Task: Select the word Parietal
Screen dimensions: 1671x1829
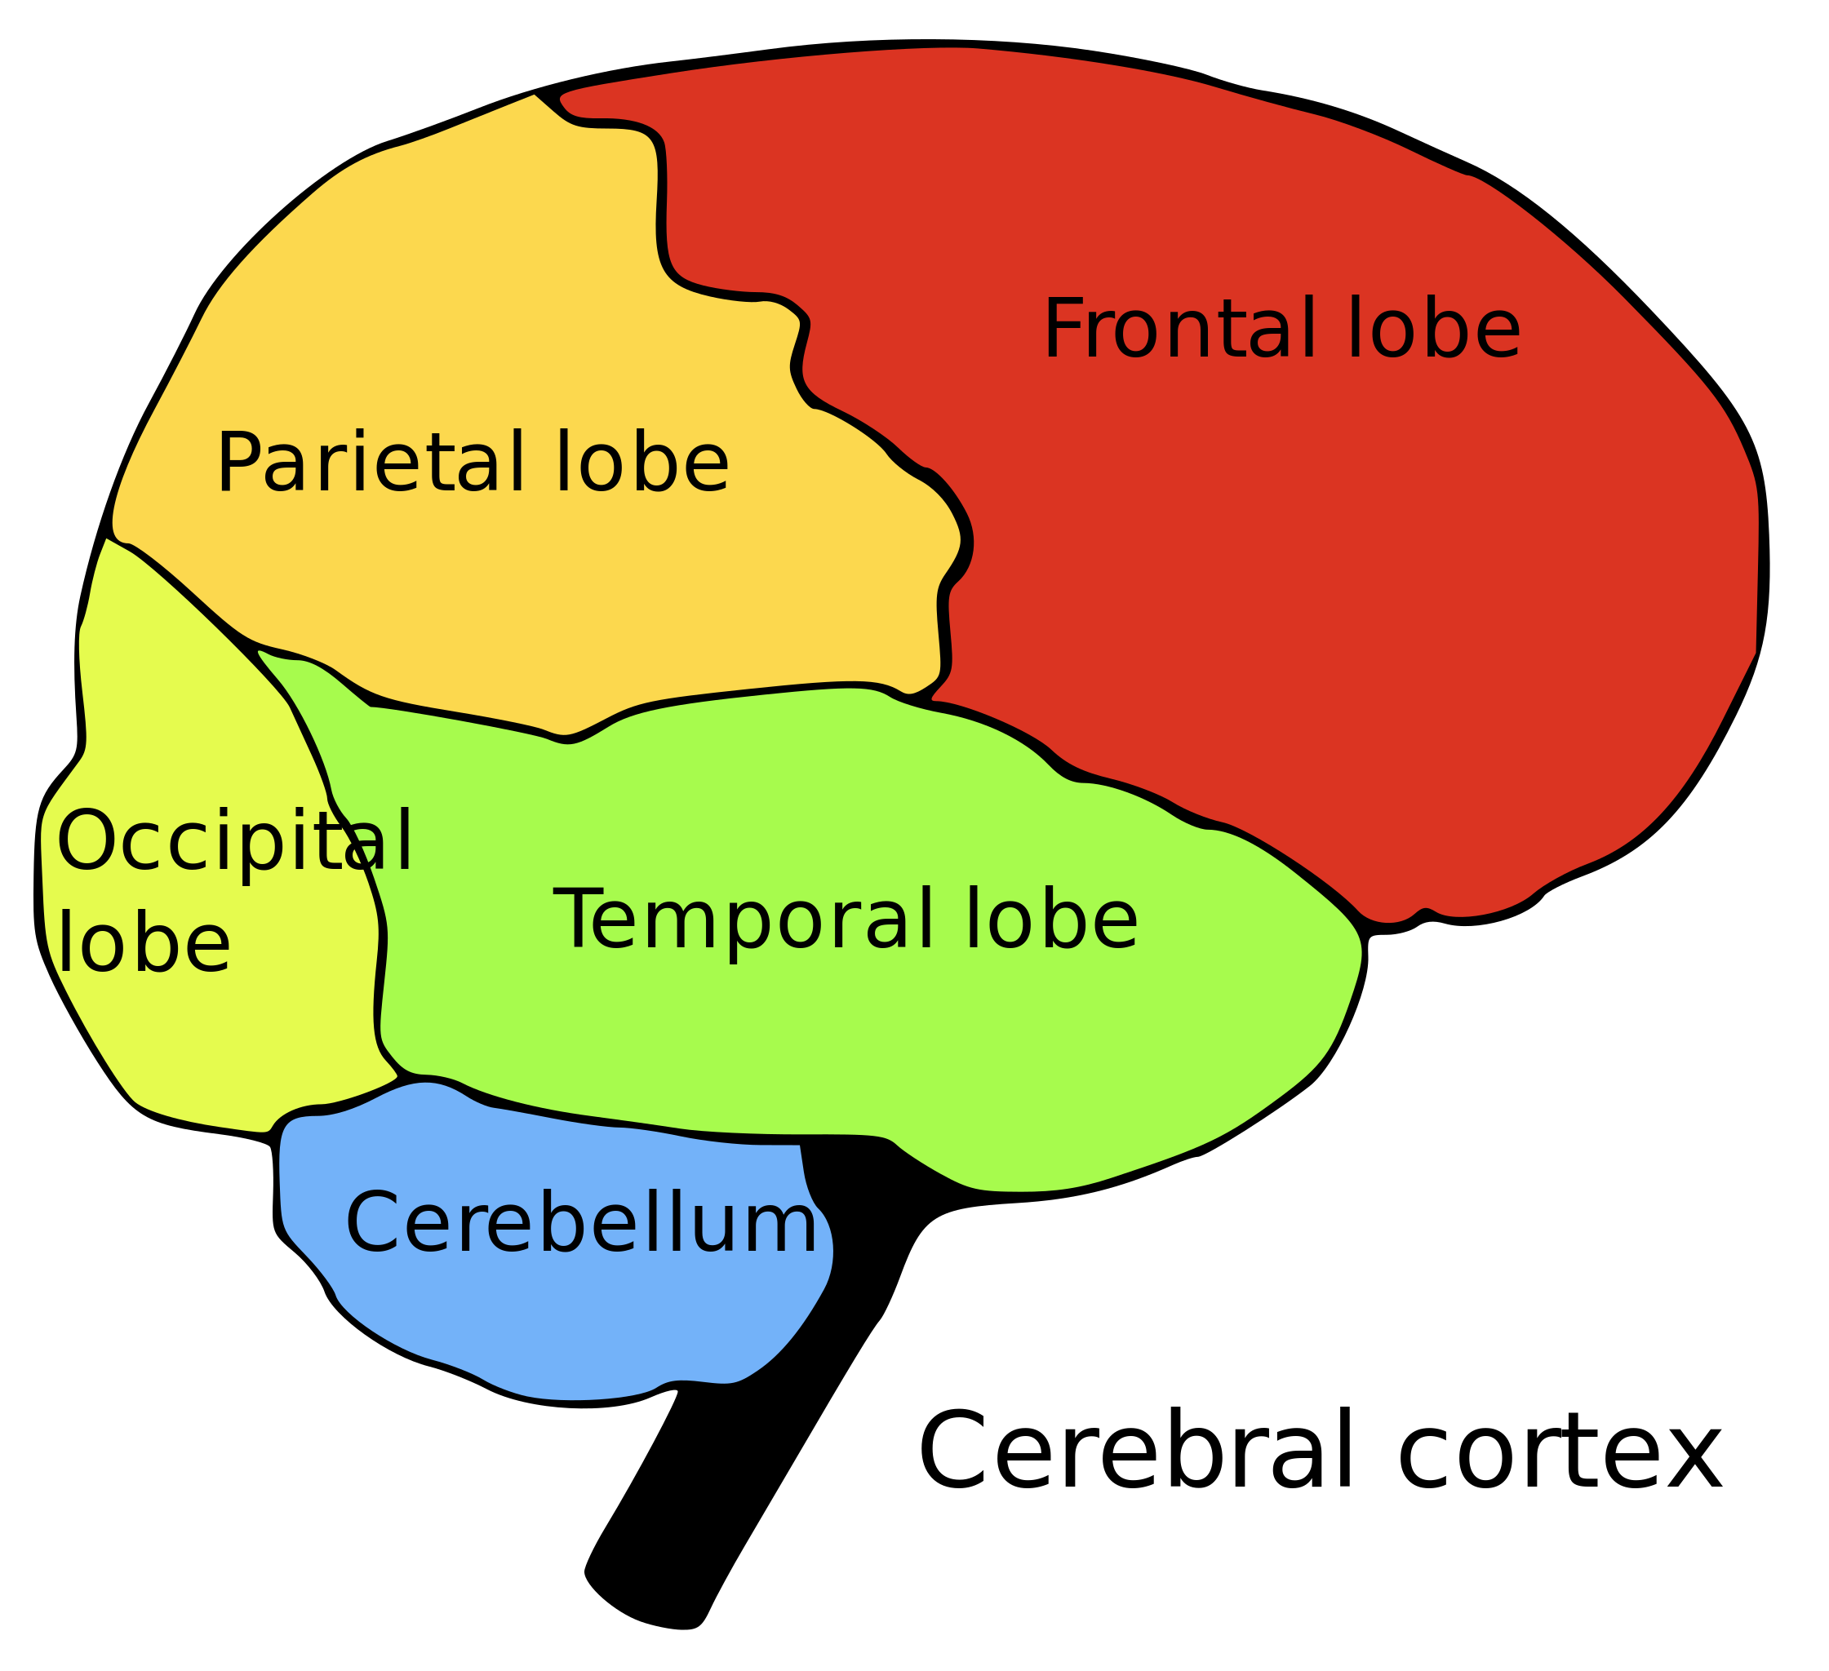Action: click(x=358, y=463)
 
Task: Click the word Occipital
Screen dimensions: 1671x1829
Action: click(x=234, y=842)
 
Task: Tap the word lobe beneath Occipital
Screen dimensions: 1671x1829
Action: click(x=144, y=943)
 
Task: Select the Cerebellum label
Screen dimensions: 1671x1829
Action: click(x=580, y=1225)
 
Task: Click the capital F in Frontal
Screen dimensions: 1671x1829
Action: click(x=1063, y=330)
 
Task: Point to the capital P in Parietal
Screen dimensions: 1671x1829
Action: click(x=238, y=463)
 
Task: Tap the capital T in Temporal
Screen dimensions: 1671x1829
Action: click(x=579, y=921)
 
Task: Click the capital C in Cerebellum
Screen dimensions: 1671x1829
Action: click(x=372, y=1225)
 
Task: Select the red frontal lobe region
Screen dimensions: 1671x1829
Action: click(x=1361, y=590)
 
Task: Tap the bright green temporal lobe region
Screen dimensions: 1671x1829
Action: click(x=908, y=1044)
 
